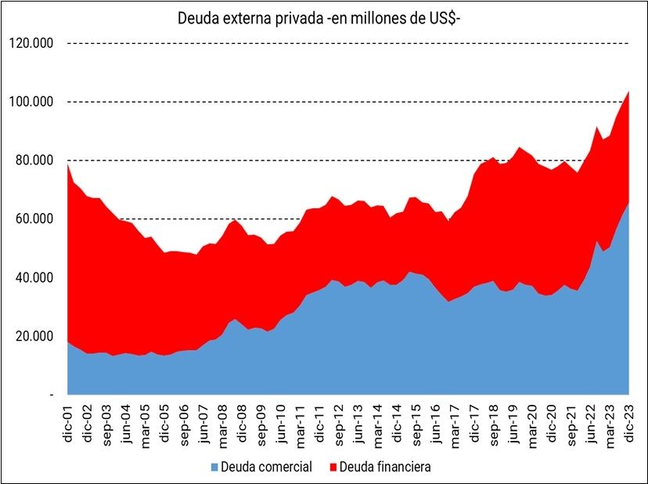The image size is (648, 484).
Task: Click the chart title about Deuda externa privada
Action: (324, 17)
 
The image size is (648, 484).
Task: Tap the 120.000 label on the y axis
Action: (31, 43)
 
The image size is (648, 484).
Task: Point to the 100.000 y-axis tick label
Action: (31, 102)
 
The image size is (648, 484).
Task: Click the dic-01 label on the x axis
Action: (68, 421)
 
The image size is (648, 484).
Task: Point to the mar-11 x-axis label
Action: (300, 421)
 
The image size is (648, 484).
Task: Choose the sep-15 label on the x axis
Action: (416, 421)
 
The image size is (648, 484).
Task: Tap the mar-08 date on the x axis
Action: (222, 421)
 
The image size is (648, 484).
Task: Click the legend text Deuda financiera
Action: (387, 468)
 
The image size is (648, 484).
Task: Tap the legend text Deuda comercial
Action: (267, 468)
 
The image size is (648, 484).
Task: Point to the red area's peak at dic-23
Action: (628, 92)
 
